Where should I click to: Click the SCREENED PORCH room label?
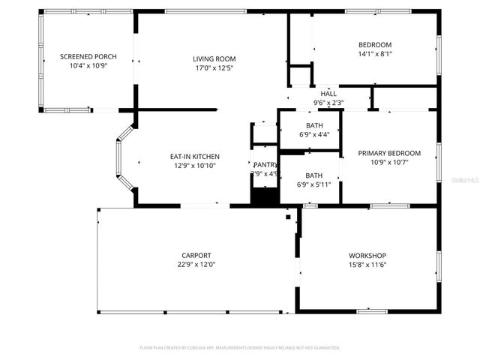pos(88,57)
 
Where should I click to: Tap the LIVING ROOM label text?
pos(214,58)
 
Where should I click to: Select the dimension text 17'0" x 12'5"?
pos(214,68)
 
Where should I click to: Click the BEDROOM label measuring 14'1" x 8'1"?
pos(375,44)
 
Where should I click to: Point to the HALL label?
pos(328,94)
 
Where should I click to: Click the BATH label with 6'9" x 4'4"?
pos(313,125)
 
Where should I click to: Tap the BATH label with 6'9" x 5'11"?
pos(313,175)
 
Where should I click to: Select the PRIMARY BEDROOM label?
pos(389,153)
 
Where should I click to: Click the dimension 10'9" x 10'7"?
pos(389,163)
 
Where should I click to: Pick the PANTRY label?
pos(265,164)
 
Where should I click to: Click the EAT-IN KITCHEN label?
pos(195,156)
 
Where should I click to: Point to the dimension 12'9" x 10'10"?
pos(195,166)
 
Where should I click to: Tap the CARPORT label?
pos(196,255)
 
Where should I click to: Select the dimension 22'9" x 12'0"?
pos(196,265)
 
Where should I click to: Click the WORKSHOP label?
pos(367,255)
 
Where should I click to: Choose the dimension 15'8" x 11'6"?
pos(367,265)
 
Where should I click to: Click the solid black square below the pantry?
pos(264,196)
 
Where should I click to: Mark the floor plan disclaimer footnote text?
pos(240,348)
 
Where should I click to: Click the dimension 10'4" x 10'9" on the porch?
pos(88,67)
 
